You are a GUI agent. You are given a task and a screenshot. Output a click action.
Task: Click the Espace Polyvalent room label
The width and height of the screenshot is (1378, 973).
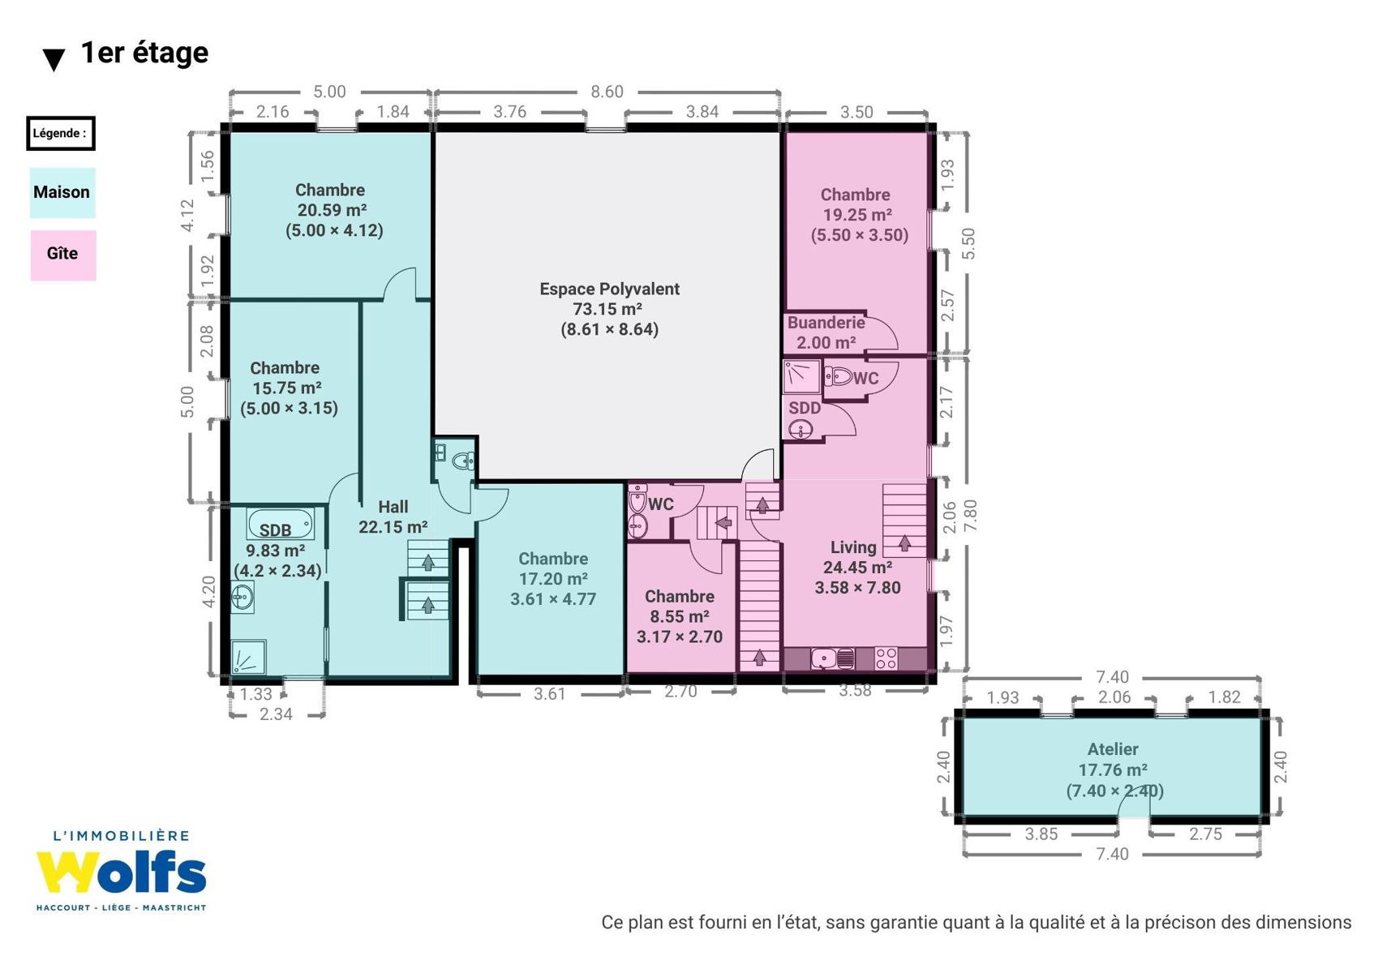point(609,289)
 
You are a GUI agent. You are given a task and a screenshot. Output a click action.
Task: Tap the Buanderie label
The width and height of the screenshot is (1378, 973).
point(826,322)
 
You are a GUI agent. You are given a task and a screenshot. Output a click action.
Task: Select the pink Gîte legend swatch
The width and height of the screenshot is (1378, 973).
point(63,255)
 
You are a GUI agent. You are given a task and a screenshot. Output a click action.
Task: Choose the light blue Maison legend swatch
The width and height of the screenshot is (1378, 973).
point(62,192)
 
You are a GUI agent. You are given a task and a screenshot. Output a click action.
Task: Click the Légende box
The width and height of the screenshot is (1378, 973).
point(60,133)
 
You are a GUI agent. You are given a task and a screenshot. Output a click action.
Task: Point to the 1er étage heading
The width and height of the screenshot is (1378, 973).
point(144,53)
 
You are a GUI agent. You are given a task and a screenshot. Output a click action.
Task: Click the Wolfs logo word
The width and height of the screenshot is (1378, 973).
point(121,872)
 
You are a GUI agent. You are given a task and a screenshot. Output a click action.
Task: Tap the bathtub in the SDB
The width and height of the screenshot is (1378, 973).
point(281,525)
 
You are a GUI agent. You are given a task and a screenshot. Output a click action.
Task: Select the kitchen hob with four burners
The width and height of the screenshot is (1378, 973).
point(886,658)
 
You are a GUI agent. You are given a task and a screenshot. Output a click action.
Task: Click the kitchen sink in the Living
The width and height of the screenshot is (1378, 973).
point(833,658)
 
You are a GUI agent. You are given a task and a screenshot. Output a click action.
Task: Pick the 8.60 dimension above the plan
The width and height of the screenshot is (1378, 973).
point(607,92)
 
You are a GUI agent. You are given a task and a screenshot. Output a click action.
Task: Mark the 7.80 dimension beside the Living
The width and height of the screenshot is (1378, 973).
point(970,516)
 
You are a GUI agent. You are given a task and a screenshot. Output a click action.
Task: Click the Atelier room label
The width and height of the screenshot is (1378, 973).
point(1113,749)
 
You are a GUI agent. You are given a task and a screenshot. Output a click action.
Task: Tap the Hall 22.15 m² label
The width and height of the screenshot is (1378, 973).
point(393,517)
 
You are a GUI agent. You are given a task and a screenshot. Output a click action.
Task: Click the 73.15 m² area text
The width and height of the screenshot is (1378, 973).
point(607,309)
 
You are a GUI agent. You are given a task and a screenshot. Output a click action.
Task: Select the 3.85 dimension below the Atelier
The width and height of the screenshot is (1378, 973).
point(1041,834)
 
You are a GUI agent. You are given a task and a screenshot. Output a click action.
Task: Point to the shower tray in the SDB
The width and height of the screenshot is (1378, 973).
point(248,657)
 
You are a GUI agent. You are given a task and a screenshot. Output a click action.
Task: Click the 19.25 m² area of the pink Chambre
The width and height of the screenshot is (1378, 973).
point(857,215)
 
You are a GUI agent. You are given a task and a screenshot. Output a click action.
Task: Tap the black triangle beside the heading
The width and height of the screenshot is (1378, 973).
point(54,60)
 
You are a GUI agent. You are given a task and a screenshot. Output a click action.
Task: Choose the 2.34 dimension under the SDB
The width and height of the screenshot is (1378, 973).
point(276,714)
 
